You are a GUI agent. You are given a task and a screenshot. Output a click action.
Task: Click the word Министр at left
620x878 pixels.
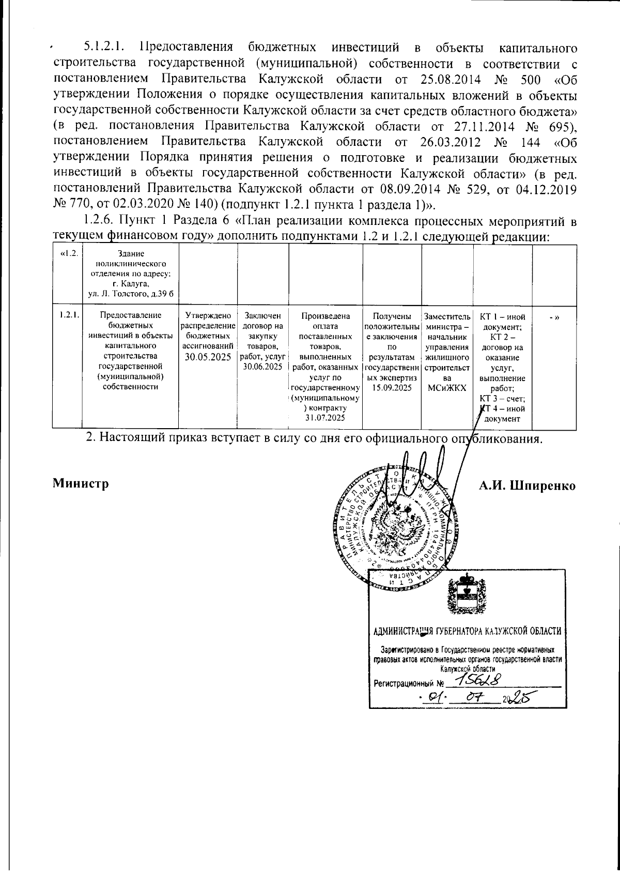pyautogui.click(x=80, y=485)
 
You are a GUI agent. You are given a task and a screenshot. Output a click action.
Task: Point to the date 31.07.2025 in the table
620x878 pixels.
pyautogui.click(x=325, y=417)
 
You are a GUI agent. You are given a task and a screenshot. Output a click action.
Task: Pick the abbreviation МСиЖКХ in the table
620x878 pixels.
pyautogui.click(x=447, y=387)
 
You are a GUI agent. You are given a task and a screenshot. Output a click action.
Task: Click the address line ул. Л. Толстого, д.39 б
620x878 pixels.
pyautogui.click(x=130, y=294)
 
